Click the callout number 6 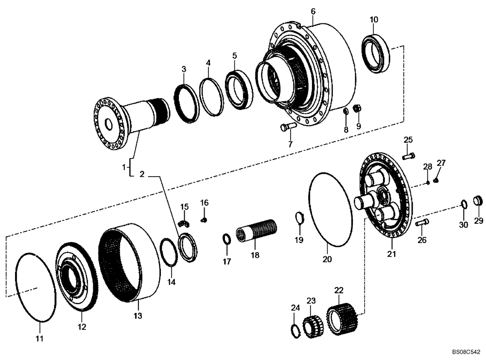[x=313, y=11]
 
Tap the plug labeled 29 [x=478, y=200]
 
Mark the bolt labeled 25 [x=409, y=156]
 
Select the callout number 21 [x=392, y=254]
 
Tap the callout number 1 [x=124, y=167]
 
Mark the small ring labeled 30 [x=464, y=203]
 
